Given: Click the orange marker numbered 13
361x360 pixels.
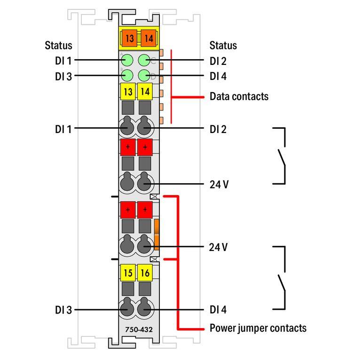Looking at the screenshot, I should click(x=129, y=39).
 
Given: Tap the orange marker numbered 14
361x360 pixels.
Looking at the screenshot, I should click(x=148, y=39).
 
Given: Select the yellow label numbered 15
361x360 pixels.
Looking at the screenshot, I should click(x=128, y=272).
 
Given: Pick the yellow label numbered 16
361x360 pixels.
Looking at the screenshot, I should click(x=145, y=272).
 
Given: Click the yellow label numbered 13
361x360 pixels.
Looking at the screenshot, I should click(x=128, y=92).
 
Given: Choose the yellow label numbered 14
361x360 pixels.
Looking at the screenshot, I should click(x=145, y=92).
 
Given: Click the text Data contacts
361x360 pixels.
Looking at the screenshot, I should click(x=239, y=96).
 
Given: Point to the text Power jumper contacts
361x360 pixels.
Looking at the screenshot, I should click(x=258, y=328).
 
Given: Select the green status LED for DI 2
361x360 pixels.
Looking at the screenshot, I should click(x=145, y=60).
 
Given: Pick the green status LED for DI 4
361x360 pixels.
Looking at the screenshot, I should click(x=145, y=75).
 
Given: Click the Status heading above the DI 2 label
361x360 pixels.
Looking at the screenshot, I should click(x=223, y=46).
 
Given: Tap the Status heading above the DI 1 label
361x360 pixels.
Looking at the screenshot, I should click(x=59, y=46).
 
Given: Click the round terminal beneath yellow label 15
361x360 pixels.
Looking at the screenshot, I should click(x=127, y=309).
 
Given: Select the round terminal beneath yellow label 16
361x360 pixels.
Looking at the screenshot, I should click(x=145, y=309).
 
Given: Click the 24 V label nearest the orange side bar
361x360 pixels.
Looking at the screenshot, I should click(x=219, y=247).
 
